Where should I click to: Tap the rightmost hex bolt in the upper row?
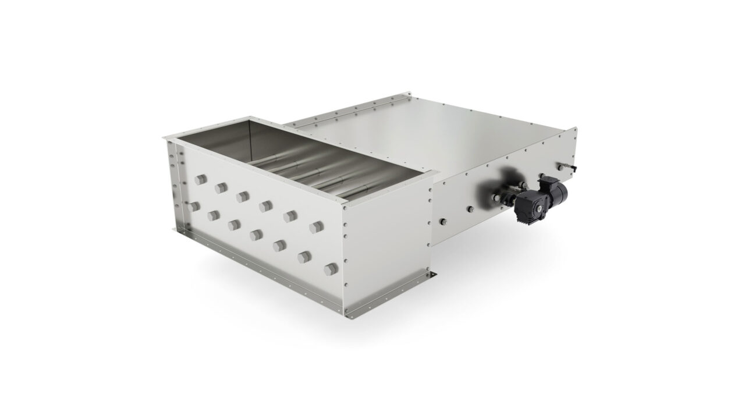pyautogui.click(x=315, y=226)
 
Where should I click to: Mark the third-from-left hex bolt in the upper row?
pyautogui.click(x=243, y=197)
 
